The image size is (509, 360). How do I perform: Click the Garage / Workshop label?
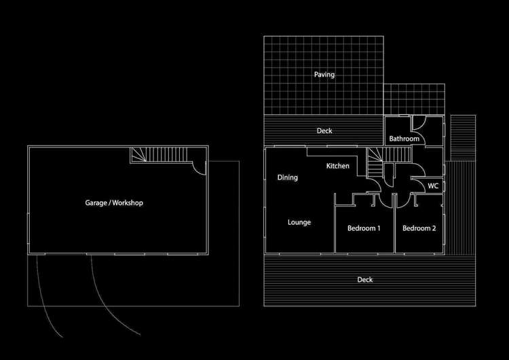point(114,202)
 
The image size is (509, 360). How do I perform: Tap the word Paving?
point(324,75)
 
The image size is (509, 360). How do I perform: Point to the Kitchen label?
point(337,166)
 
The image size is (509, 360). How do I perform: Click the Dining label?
point(288,178)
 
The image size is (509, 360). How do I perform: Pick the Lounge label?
point(299,222)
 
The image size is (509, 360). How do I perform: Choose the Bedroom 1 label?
point(364,228)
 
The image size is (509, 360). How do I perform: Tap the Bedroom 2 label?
point(419,228)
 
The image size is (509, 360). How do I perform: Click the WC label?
point(432,185)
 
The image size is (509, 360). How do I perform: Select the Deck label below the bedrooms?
point(365,279)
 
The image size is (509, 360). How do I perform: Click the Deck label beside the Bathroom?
point(324,131)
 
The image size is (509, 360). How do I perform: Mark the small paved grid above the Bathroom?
point(415,100)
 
